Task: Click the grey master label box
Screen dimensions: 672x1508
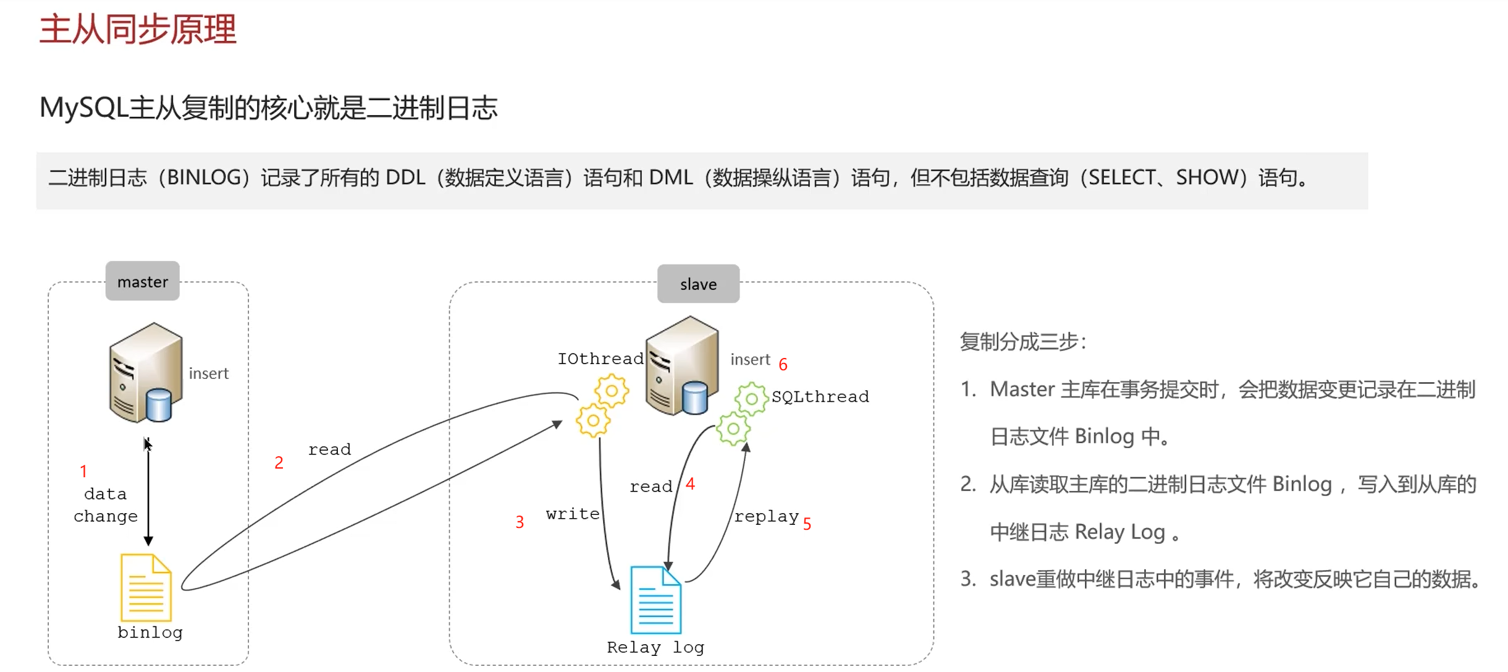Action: coord(142,281)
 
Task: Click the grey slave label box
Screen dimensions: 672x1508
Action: coord(698,284)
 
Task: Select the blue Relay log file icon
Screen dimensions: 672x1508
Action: coord(655,600)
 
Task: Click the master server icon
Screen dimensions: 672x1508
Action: coord(146,373)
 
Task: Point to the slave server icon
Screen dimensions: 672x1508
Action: coord(682,366)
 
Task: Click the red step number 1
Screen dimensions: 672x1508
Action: coord(83,471)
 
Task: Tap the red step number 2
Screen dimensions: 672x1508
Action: coord(279,462)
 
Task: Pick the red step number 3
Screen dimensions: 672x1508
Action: coord(520,522)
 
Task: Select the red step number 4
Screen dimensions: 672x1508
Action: coord(690,484)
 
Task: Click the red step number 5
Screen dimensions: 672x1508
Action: coord(807,524)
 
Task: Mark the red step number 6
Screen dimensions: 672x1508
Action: coord(783,365)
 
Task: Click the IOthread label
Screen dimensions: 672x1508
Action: coord(600,359)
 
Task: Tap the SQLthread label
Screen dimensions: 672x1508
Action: coord(820,396)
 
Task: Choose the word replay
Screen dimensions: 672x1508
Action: coord(766,516)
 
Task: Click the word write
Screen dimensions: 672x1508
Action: coord(572,514)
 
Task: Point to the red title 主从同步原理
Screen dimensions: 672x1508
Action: coord(138,29)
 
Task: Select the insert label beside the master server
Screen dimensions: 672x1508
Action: coord(208,373)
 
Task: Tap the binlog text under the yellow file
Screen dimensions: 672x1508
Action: coord(150,632)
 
